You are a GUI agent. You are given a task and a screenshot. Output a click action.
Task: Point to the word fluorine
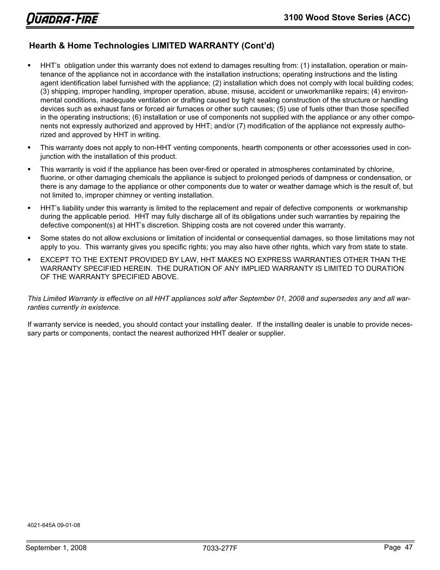click(x=53, y=178)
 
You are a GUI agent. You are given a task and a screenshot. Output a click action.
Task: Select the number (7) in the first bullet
click(x=242, y=126)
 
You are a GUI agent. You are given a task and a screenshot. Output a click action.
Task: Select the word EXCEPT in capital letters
click(x=54, y=260)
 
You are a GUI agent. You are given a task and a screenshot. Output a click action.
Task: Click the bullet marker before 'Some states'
click(x=29, y=238)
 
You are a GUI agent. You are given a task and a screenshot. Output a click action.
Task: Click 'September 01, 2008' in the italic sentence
click(x=275, y=299)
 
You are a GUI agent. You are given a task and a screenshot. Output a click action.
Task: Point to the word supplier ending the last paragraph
click(x=271, y=333)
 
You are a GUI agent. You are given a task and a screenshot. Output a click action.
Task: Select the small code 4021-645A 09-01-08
click(x=54, y=525)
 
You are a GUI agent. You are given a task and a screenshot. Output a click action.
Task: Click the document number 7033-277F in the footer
click(x=220, y=548)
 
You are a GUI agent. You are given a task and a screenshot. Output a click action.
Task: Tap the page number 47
click(x=408, y=547)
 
